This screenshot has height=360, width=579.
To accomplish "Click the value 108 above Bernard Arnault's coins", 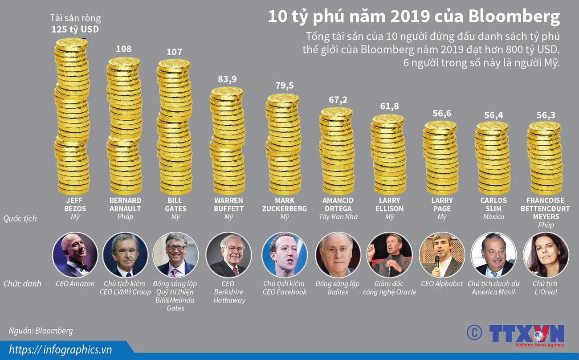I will (x=123, y=49).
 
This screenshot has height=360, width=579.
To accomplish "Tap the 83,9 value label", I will (x=227, y=79).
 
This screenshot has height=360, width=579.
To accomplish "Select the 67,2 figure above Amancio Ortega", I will (x=338, y=99).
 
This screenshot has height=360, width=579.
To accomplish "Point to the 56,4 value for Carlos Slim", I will (x=493, y=115).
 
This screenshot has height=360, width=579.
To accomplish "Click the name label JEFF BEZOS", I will (x=75, y=205).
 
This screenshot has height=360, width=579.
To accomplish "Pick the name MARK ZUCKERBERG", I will (x=285, y=205).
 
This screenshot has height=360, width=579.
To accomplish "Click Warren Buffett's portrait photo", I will (x=228, y=255).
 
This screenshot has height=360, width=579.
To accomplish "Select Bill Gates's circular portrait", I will (x=175, y=255).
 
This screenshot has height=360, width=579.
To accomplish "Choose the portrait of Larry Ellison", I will (x=390, y=255).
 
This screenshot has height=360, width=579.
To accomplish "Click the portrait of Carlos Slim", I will (x=493, y=255).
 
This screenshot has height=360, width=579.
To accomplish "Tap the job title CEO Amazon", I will (x=75, y=283).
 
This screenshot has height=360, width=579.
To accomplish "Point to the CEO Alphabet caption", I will (x=442, y=283).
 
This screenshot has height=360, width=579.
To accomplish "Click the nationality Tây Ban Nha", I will (x=338, y=217).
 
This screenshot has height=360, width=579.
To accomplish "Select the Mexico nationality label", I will (x=493, y=217).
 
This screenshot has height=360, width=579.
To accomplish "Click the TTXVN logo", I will (x=526, y=334).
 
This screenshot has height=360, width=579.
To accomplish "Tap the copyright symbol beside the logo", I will (x=474, y=332).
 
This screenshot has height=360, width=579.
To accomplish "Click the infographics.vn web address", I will (x=61, y=349).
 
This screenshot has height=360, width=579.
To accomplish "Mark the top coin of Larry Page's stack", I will (x=440, y=126).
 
